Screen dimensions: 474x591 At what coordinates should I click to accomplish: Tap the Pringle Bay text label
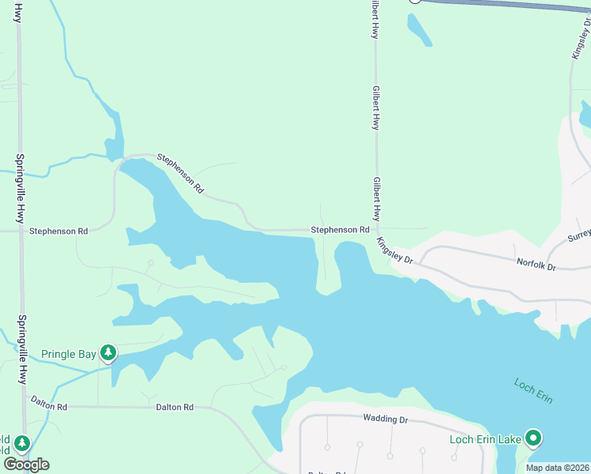(x=68, y=354)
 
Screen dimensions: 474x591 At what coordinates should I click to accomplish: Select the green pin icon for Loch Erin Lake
(x=534, y=438)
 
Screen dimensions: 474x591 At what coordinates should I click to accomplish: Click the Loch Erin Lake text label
(x=486, y=439)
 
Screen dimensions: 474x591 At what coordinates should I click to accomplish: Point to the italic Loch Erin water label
(x=533, y=390)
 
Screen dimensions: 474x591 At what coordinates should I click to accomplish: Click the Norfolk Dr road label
(x=536, y=265)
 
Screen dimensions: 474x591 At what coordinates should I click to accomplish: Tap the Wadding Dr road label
(x=385, y=419)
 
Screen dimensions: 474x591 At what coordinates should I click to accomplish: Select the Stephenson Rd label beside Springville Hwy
(x=58, y=231)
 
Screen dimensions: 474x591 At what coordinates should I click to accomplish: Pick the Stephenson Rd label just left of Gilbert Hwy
(x=340, y=230)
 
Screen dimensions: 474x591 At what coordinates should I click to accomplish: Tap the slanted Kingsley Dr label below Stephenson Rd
(x=394, y=250)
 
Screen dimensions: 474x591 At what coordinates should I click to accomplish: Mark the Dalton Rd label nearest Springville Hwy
(x=50, y=405)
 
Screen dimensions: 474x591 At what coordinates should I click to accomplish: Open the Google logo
(x=26, y=465)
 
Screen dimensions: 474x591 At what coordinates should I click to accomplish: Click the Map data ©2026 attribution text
(x=556, y=468)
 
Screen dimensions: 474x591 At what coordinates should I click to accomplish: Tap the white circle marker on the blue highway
(x=415, y=1)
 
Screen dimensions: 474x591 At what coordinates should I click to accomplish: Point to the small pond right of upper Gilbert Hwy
(x=419, y=29)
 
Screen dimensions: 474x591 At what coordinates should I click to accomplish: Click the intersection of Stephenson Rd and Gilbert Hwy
(x=376, y=229)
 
